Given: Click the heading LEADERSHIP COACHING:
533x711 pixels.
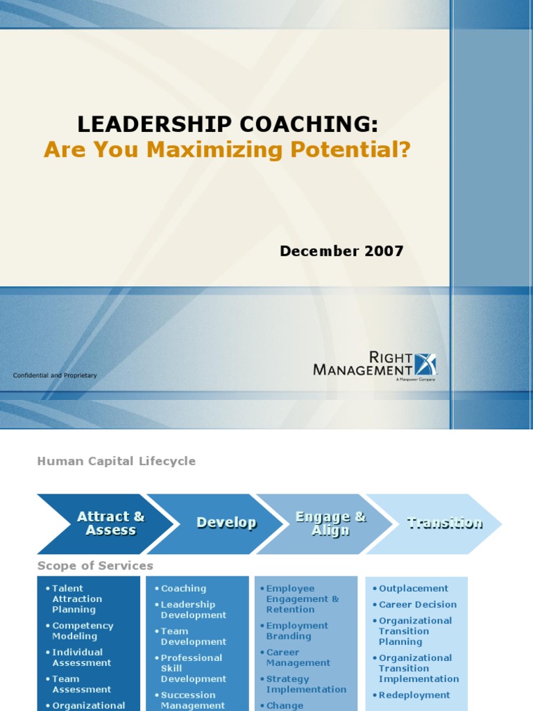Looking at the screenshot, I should click(x=228, y=124).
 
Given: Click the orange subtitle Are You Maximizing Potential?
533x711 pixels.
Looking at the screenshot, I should click(x=228, y=149).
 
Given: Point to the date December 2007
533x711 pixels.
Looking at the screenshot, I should click(x=341, y=251).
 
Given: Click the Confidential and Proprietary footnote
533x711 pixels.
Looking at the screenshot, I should click(x=55, y=376).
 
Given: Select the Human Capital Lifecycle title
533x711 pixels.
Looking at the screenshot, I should click(x=116, y=461).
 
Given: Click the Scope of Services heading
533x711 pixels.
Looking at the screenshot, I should click(x=95, y=566).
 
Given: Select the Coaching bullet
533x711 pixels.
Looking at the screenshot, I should click(x=183, y=588).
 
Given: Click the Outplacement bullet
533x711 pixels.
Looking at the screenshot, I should click(x=414, y=588).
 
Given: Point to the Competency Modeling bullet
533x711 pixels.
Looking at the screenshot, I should click(x=83, y=630).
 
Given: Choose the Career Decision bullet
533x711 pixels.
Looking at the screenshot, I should click(x=418, y=604).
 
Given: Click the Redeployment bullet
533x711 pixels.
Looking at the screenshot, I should click(x=414, y=695).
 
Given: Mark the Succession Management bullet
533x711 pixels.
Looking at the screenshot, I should click(x=192, y=700).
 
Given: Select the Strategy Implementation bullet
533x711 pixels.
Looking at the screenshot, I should click(x=306, y=684).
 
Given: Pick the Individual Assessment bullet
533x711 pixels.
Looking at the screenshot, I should click(x=81, y=657).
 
